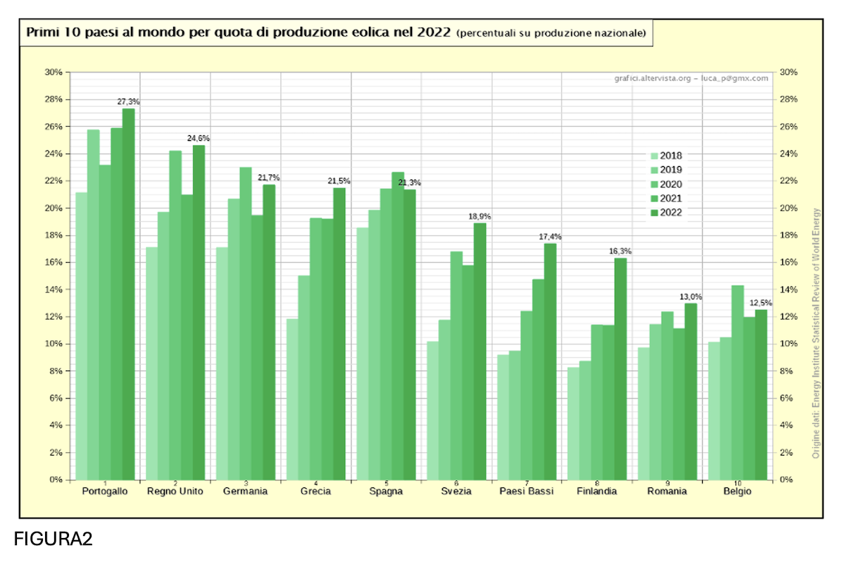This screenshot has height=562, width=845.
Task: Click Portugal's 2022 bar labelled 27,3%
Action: pyautogui.click(x=129, y=294)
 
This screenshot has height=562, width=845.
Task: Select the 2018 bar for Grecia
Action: pyautogui.click(x=292, y=399)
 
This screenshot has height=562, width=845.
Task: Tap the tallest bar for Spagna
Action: pyautogui.click(x=398, y=326)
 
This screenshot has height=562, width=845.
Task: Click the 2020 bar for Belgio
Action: pyautogui.click(x=737, y=383)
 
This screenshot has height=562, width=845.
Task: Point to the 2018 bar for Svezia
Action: pyautogui.click(x=433, y=411)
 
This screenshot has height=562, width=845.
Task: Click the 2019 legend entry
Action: pyautogui.click(x=667, y=170)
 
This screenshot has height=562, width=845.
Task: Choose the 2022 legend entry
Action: pyautogui.click(x=667, y=213)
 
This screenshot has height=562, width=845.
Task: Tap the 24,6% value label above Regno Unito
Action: pyautogui.click(x=199, y=139)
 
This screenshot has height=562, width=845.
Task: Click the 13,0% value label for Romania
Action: pyautogui.click(x=691, y=296)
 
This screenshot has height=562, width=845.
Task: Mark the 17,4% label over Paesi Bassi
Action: pyautogui.click(x=550, y=237)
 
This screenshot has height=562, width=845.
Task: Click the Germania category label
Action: pyautogui.click(x=245, y=492)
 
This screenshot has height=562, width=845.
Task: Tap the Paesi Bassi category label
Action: pyautogui.click(x=527, y=492)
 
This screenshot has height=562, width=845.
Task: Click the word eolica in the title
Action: pyautogui.click(x=371, y=32)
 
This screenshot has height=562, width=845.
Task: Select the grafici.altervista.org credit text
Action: pyautogui.click(x=653, y=78)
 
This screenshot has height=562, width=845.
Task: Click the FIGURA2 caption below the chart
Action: pyautogui.click(x=54, y=539)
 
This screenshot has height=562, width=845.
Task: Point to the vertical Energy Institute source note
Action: pyautogui.click(x=816, y=333)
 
